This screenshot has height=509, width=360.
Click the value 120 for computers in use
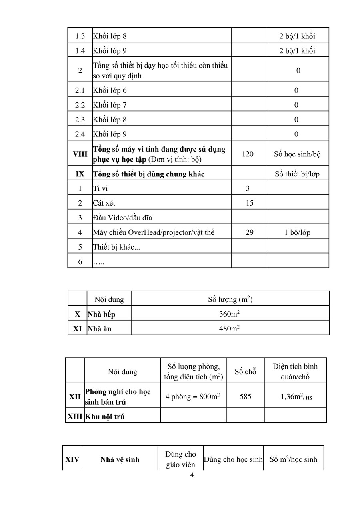pos(248,154)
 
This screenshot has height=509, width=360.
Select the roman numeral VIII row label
pos(80,154)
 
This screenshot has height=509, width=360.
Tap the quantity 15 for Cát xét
pos(250,203)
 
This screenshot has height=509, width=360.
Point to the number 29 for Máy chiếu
pos(250,232)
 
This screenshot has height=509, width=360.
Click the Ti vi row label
pos(100,188)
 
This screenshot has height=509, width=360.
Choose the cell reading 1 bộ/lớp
pos(297,232)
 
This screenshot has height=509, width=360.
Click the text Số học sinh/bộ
pos(297,154)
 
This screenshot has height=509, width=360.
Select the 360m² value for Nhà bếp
pos(230,314)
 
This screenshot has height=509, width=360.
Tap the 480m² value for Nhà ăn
pos(230,329)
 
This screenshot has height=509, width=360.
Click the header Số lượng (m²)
pos(230,299)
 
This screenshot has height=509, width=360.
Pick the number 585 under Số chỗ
pos(245,397)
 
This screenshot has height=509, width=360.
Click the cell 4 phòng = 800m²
pos(193,397)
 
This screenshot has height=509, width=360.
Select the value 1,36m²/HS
pos(296,397)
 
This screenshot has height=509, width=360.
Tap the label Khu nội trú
pos(105,416)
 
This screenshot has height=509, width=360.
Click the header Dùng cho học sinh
pos(233,459)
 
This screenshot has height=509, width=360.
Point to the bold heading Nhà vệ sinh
pos(120,459)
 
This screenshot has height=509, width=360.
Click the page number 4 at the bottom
pos(192,475)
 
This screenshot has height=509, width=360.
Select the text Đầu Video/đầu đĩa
pos(122,218)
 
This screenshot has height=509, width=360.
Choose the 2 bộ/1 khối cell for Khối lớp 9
pos(297,50)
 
